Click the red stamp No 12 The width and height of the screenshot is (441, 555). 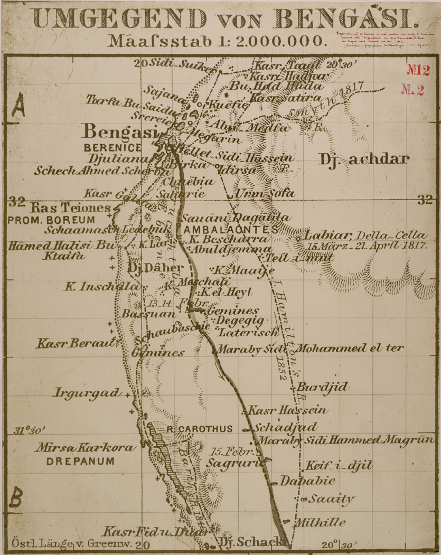(418, 69)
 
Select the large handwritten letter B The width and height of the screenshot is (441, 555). (17, 497)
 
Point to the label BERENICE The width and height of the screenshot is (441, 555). (112, 147)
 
